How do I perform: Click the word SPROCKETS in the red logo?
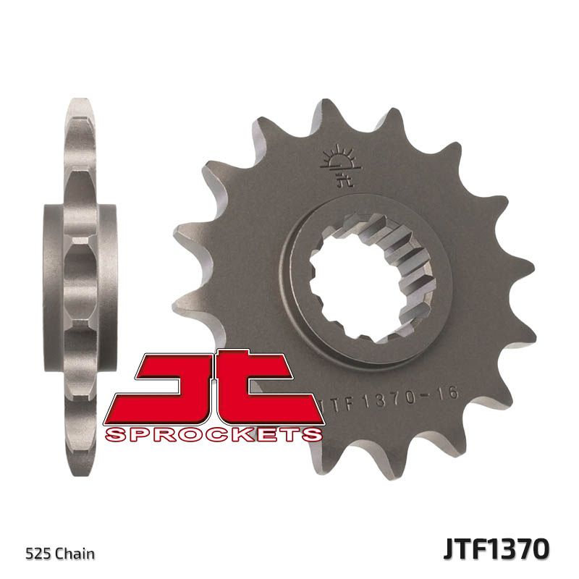click(214, 434)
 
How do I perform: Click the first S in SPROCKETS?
click(114, 434)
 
